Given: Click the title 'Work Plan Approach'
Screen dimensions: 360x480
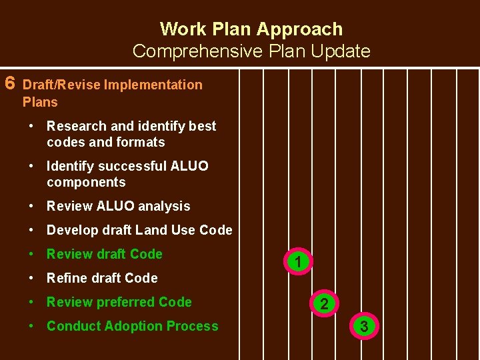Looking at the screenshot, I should click(x=251, y=29).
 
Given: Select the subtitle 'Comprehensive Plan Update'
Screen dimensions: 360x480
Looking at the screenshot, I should click(x=251, y=51).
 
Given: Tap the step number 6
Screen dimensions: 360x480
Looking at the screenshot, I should click(x=10, y=83).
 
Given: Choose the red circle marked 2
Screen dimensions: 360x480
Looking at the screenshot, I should click(x=324, y=304).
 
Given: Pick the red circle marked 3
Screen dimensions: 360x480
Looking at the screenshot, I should click(x=363, y=327).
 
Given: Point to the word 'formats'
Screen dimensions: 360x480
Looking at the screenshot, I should click(x=140, y=142).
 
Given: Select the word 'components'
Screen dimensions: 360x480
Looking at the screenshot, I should click(x=86, y=182).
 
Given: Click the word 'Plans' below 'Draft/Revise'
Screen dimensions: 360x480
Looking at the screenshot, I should click(x=40, y=102).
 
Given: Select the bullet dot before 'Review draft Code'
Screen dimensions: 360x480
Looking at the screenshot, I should click(x=32, y=254).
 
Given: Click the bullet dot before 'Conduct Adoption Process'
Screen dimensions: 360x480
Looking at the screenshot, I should click(x=32, y=326).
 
